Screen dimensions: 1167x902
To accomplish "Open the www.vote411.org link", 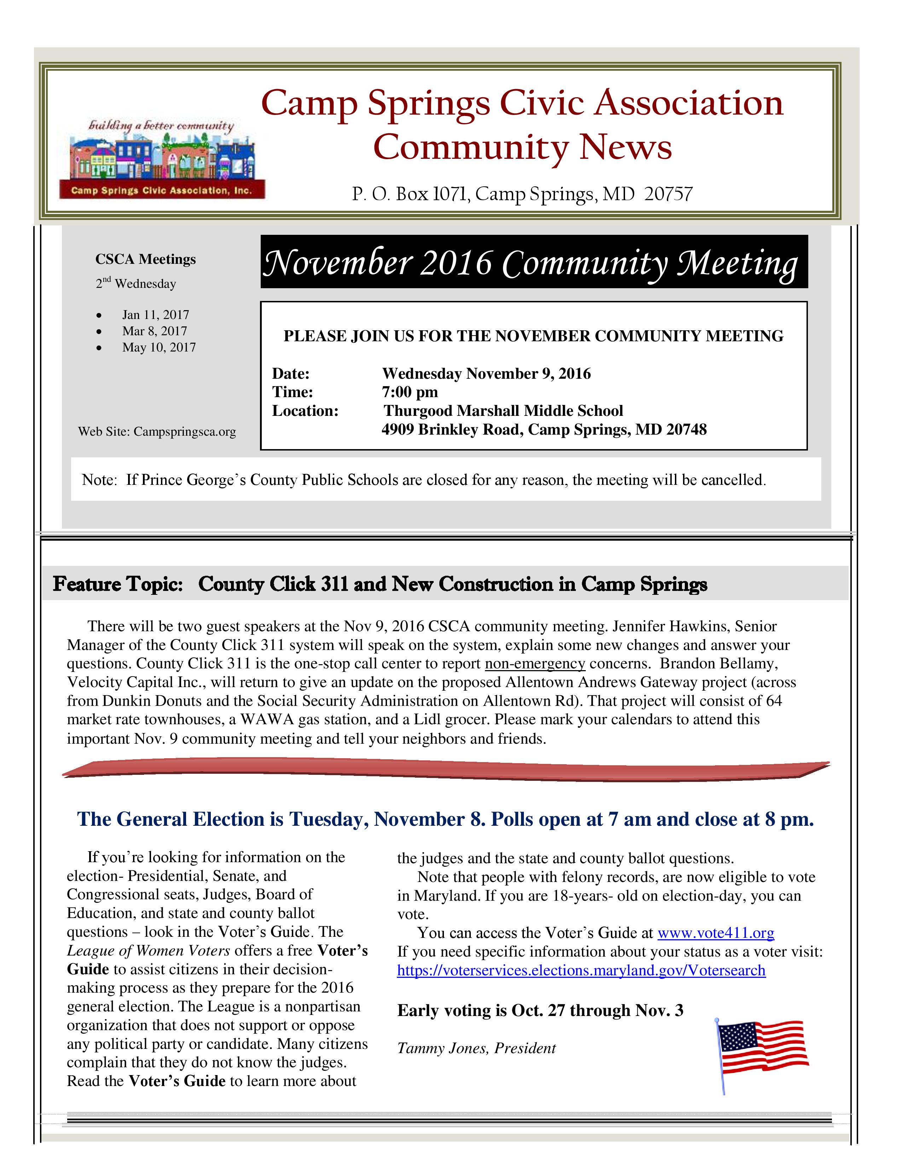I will (716, 933).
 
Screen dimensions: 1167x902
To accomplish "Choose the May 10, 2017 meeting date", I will (159, 347).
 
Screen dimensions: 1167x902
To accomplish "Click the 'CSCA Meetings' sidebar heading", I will (145, 259).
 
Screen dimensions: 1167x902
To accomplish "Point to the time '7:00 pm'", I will (410, 392).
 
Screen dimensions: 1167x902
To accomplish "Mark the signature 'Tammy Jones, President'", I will (476, 1048).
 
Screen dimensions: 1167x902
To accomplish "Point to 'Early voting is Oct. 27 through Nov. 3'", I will (540, 1010).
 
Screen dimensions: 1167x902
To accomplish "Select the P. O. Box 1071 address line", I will (521, 193).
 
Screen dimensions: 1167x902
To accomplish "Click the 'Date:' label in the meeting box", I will (291, 373).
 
